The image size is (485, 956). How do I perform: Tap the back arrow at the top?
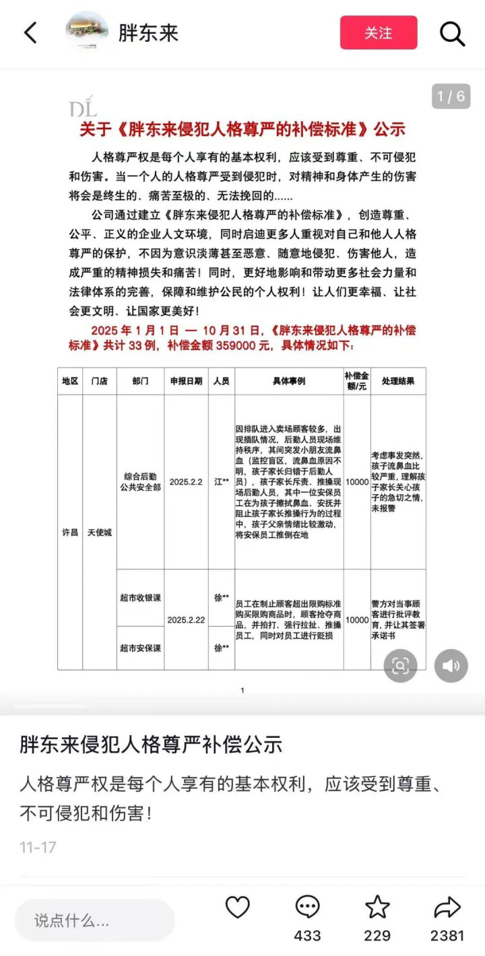tap(30, 32)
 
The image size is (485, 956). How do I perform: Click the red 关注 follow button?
tap(379, 33)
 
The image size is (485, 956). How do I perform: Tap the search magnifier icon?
tap(452, 33)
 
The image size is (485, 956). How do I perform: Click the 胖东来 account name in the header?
tap(148, 33)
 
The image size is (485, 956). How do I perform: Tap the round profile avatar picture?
tap(87, 31)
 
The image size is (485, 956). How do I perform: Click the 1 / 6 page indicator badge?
tap(451, 96)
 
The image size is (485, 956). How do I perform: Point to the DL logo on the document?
tap(83, 107)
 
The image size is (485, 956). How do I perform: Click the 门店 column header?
tap(100, 381)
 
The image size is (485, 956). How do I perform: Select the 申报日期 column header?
tap(186, 381)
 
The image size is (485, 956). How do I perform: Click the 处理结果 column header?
tap(398, 381)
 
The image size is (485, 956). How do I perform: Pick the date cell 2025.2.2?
tap(186, 482)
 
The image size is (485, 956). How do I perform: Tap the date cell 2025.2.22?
tap(186, 619)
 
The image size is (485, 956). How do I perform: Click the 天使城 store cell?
tap(100, 532)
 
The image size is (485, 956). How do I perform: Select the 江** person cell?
tap(222, 482)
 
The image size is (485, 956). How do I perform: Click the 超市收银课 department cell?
tap(140, 598)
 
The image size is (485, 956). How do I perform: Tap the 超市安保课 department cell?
tap(140, 648)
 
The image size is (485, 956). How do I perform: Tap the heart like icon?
tap(237, 908)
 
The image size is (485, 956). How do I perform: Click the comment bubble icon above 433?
tap(307, 908)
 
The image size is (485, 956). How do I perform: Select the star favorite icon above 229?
tap(377, 908)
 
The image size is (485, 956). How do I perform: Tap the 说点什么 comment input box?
tap(94, 920)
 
